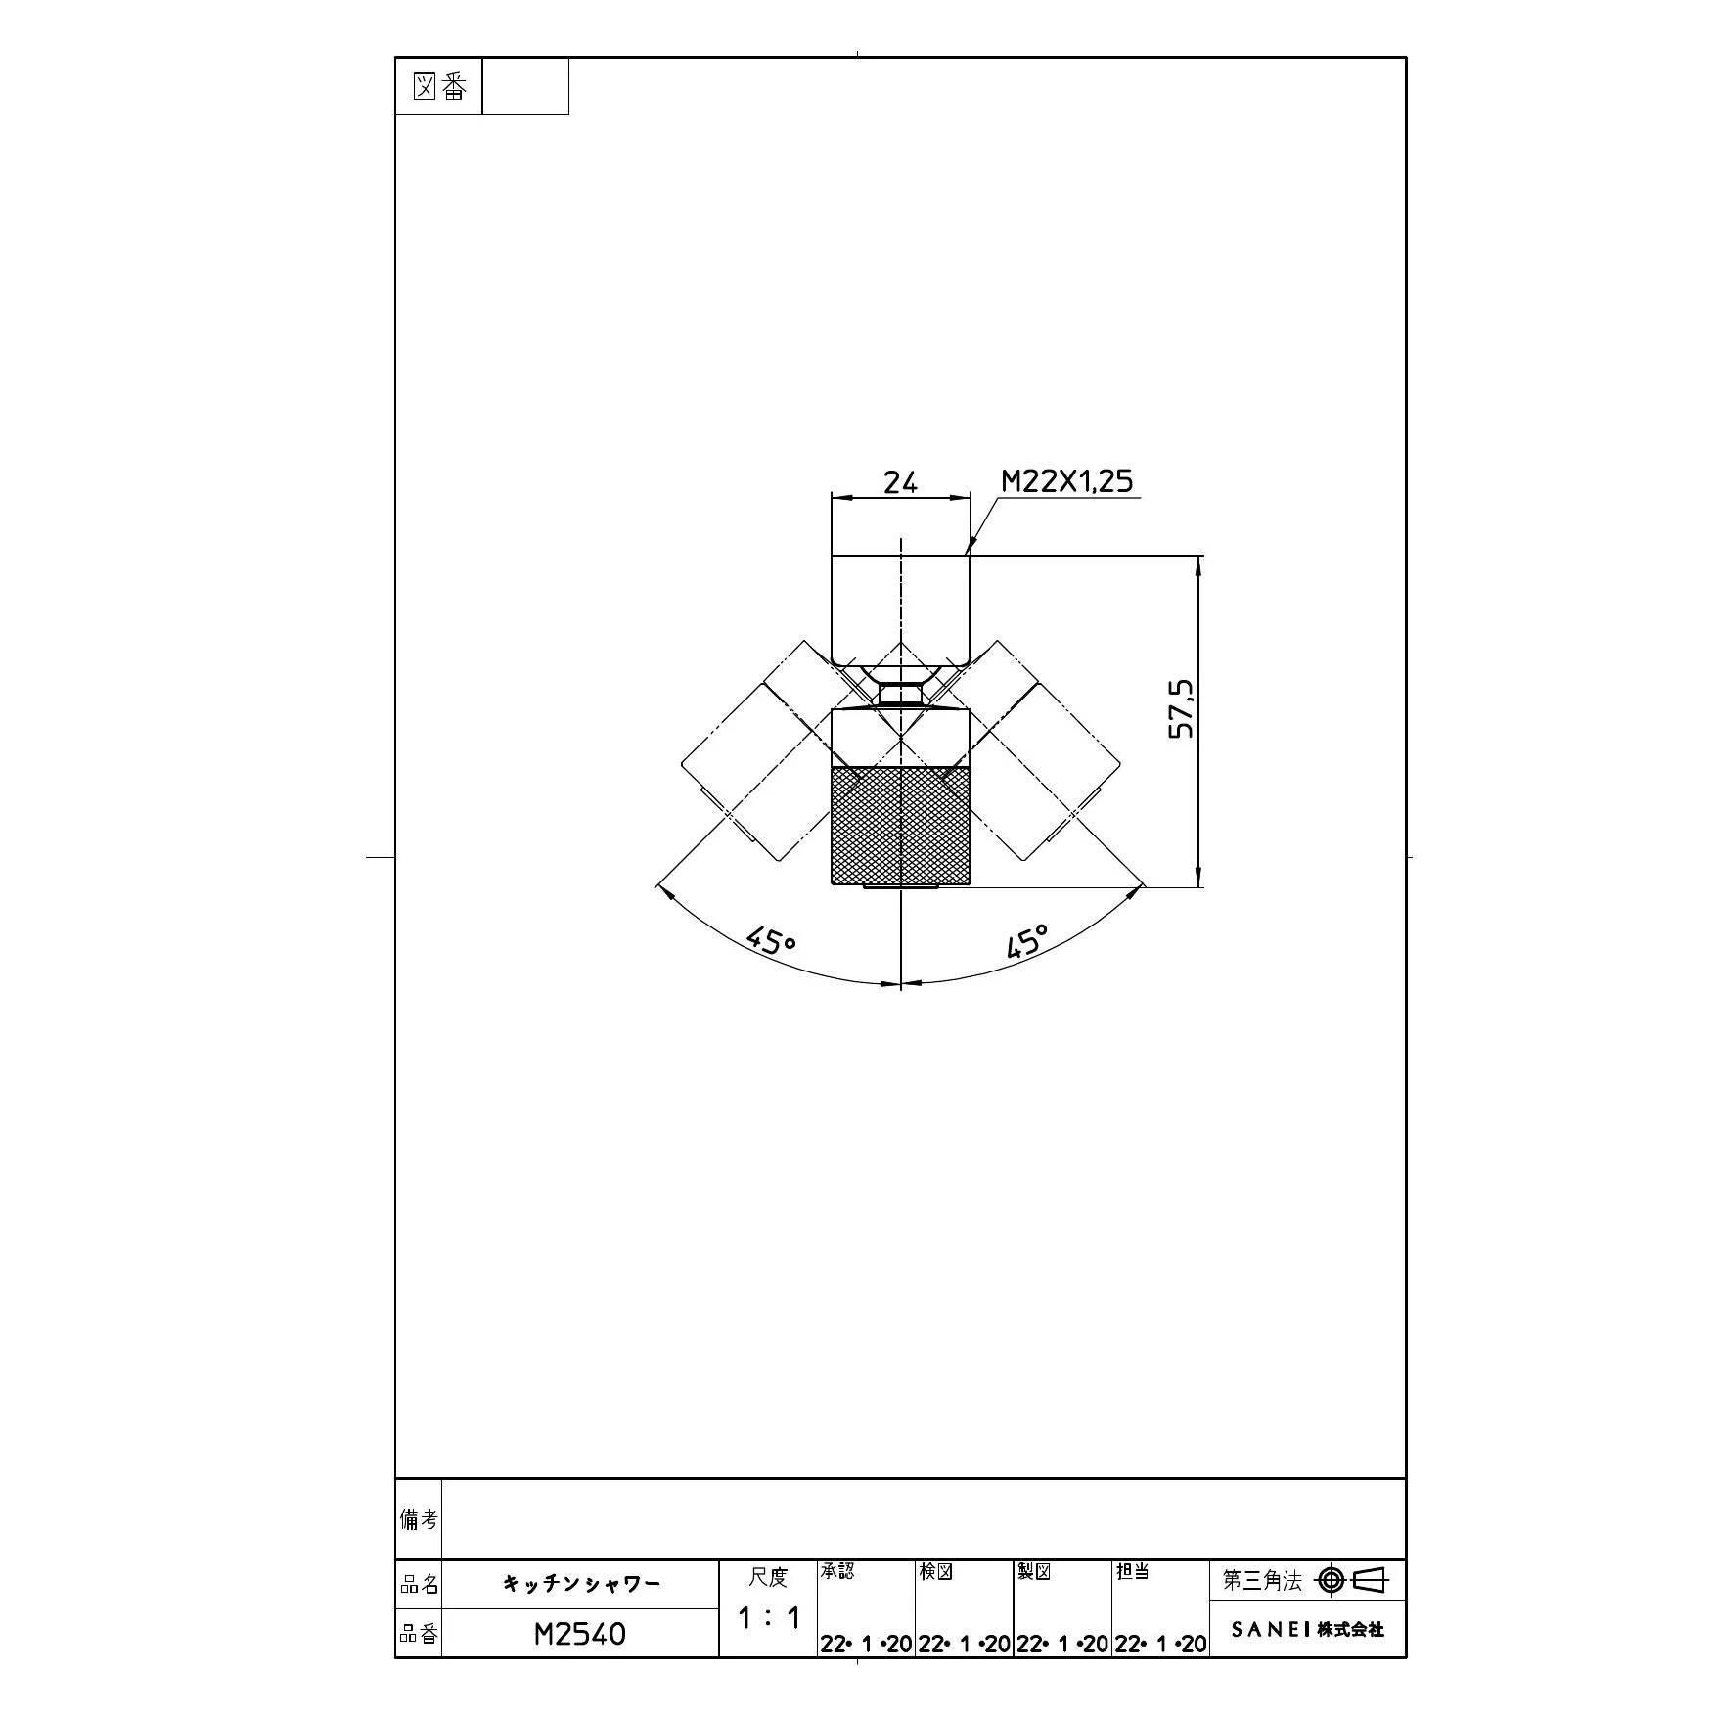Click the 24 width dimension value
(900, 482)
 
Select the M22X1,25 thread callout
(1066, 481)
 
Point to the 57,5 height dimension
(1182, 708)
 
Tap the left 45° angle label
(771, 941)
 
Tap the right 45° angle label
(1026, 941)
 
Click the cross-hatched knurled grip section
(900, 826)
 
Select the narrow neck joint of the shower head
(900, 695)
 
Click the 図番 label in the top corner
(439, 88)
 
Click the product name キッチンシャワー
(581, 1583)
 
